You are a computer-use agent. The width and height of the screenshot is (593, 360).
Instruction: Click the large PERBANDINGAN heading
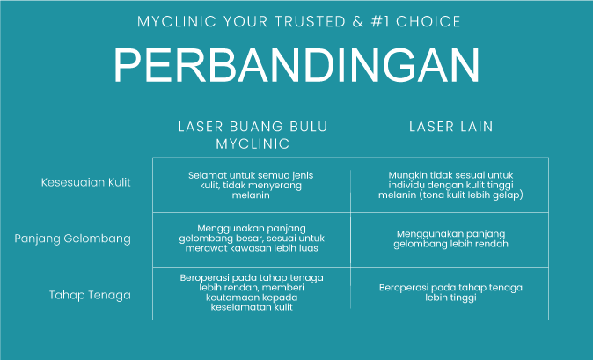[296, 64]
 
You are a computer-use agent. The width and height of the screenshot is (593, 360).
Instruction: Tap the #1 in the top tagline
[380, 21]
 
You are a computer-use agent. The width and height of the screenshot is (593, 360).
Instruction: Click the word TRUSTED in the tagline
[310, 21]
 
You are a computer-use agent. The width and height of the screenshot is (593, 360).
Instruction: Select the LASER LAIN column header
[450, 127]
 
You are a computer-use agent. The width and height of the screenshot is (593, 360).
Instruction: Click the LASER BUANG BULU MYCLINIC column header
[253, 135]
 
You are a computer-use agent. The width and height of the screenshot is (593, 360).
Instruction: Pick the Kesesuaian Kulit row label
[86, 182]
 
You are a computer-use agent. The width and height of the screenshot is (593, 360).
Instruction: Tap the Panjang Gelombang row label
[73, 239]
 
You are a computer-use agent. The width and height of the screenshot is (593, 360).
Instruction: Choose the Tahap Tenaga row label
[90, 295]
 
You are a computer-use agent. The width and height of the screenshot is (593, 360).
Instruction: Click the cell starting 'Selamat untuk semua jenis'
[251, 186]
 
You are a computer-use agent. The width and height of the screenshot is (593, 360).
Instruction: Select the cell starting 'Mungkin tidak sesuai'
[450, 186]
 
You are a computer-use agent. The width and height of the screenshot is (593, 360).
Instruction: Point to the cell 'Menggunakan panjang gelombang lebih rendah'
[450, 239]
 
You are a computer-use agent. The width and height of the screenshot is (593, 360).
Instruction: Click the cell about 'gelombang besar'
[252, 239]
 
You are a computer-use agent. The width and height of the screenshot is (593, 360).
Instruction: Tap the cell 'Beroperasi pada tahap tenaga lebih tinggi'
[450, 293]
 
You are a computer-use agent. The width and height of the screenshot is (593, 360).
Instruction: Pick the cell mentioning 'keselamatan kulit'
[252, 292]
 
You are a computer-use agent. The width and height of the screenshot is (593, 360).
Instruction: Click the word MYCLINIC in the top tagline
[177, 21]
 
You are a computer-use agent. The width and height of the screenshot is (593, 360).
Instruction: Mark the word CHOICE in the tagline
[428, 21]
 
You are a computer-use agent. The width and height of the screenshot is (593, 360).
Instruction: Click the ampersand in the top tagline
[358, 21]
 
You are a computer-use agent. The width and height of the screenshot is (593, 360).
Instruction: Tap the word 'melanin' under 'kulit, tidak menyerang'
[251, 195]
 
